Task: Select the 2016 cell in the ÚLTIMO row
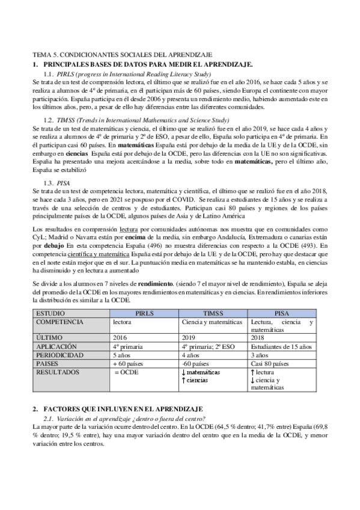click(x=120, y=338)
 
